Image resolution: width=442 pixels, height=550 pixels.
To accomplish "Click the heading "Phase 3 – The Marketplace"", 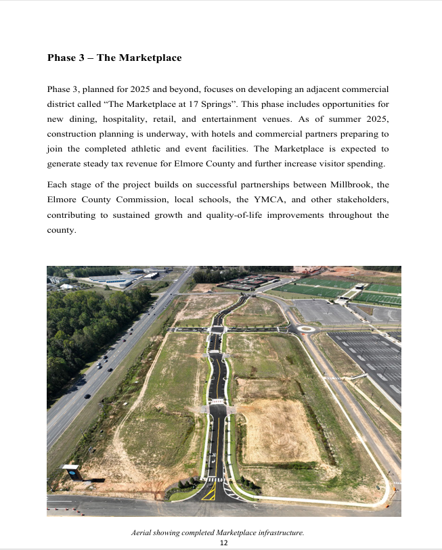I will [114, 58].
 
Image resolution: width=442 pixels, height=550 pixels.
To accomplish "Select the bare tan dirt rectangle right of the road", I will [279, 430].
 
